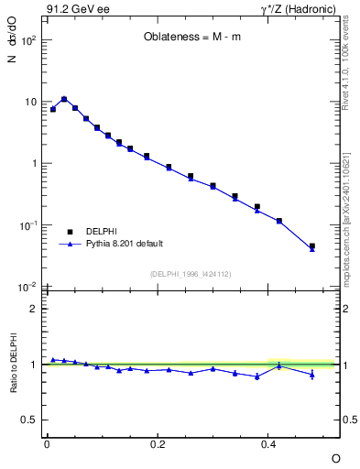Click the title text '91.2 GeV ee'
click(x=73, y=10)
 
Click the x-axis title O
click(x=335, y=457)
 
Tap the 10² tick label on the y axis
click(x=29, y=41)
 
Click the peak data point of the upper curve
click(x=64, y=99)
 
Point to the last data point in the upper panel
click(x=312, y=246)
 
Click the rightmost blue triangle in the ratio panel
click(x=312, y=374)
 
